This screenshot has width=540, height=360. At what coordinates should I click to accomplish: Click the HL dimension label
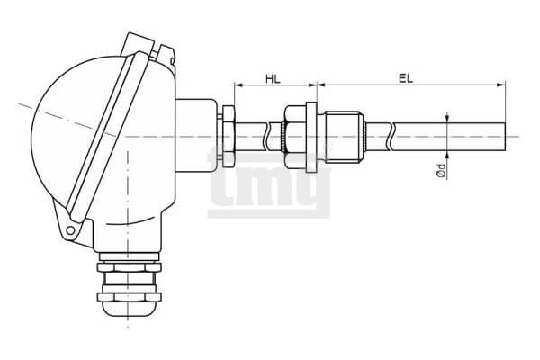273,78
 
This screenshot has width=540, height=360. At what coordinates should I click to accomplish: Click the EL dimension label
406,78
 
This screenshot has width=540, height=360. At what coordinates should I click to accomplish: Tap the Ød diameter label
441,170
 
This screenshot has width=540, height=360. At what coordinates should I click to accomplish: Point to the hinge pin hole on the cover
70,230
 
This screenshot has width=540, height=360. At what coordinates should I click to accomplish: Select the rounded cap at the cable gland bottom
129,309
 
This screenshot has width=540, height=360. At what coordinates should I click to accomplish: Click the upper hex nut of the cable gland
129,267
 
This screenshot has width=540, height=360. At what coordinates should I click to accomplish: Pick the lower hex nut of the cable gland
129,297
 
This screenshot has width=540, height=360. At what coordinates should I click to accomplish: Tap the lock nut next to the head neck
229,137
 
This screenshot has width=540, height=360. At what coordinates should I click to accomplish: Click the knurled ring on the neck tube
283,137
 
